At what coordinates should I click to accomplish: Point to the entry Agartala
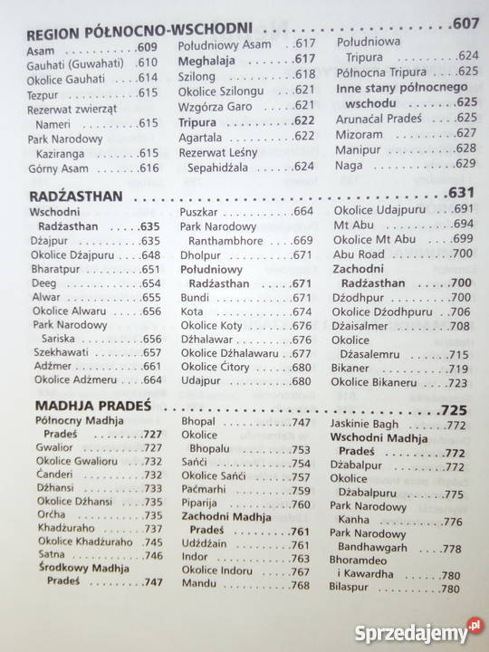tap(201, 136)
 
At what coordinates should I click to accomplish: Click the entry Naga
tap(349, 163)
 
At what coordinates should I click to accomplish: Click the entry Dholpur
tap(201, 254)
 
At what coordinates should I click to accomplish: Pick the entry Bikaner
tap(353, 369)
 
